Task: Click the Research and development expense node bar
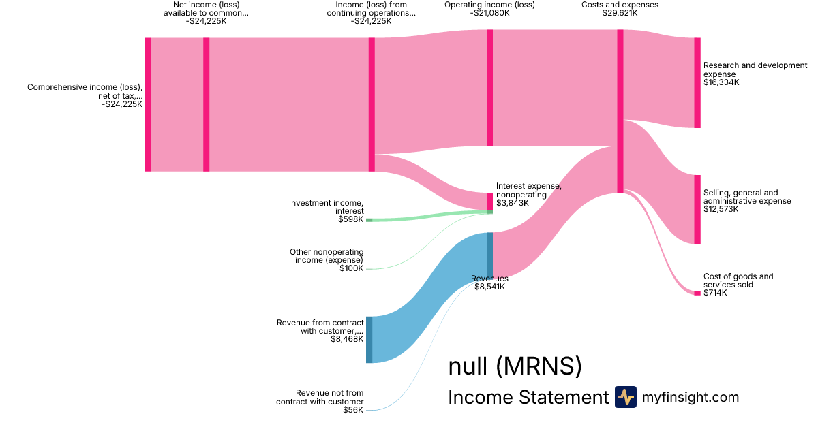(697, 82)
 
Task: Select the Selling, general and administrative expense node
(697, 209)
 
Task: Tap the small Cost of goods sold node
(697, 293)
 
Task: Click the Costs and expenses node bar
(620, 111)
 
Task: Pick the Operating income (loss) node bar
(489, 87)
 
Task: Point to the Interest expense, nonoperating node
(489, 202)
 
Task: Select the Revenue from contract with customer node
(369, 339)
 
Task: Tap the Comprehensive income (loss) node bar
(147, 104)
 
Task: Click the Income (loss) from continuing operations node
(372, 104)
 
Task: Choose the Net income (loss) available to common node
(206, 104)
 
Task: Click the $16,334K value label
(721, 82)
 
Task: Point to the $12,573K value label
(721, 209)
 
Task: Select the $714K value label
(715, 293)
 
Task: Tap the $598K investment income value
(350, 219)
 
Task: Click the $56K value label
(353, 410)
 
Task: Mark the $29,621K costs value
(620, 13)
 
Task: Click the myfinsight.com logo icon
(625, 397)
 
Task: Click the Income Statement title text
(528, 397)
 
